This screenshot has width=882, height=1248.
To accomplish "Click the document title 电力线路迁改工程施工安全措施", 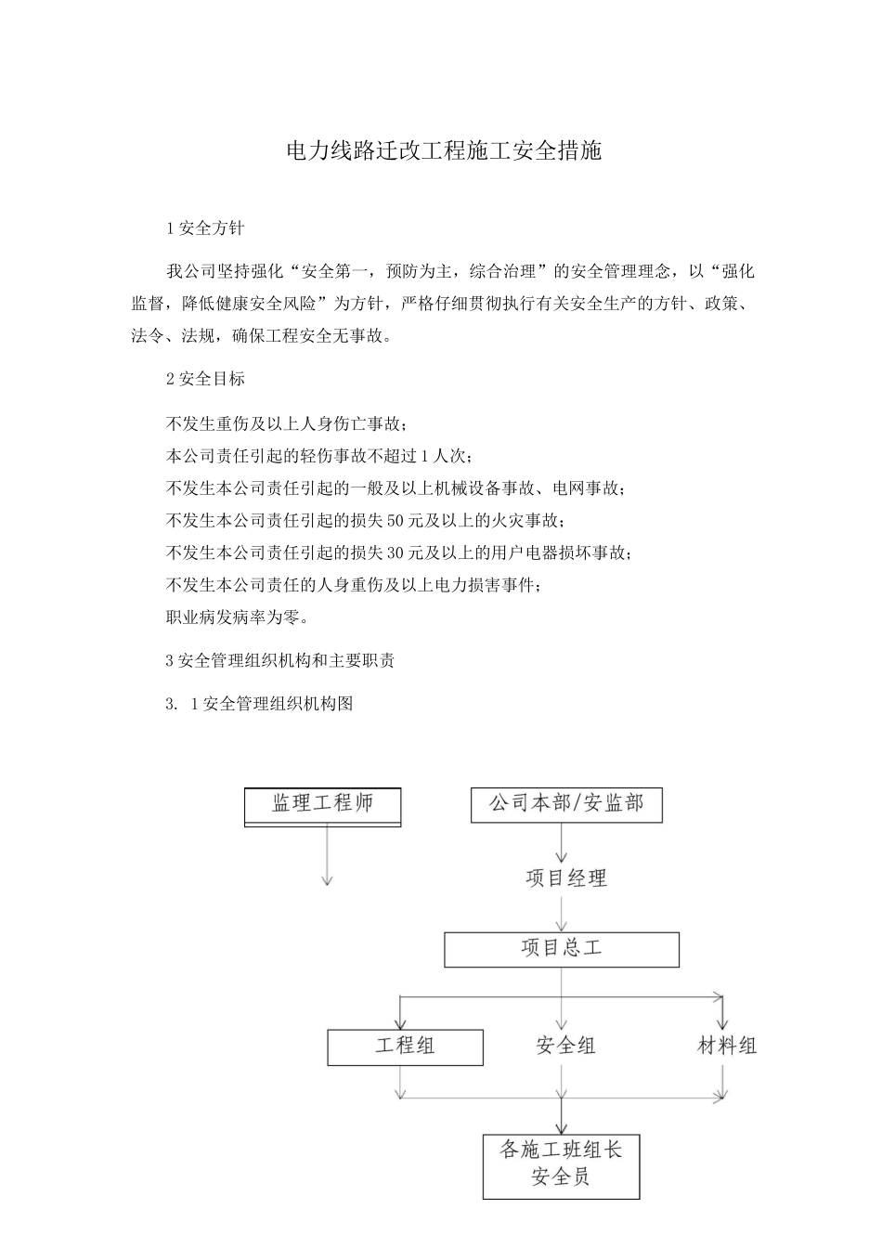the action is tap(444, 151).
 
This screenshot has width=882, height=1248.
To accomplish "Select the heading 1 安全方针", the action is tap(205, 227).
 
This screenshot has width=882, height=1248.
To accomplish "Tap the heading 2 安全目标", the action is tap(205, 378).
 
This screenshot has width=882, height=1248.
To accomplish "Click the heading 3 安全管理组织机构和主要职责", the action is tap(280, 660).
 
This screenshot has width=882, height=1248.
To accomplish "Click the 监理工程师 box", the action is tap(322, 805).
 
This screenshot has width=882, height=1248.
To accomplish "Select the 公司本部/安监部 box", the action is tap(566, 804).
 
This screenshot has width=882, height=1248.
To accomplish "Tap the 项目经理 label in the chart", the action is tap(566, 877).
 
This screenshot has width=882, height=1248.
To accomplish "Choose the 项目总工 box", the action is tap(562, 949).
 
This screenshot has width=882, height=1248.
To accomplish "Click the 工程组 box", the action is tap(405, 1046).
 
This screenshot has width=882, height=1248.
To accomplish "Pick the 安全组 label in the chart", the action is tap(565, 1046).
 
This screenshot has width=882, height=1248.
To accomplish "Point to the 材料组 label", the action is tap(727, 1046).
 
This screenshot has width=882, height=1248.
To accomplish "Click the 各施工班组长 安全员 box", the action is tap(561, 1164).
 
